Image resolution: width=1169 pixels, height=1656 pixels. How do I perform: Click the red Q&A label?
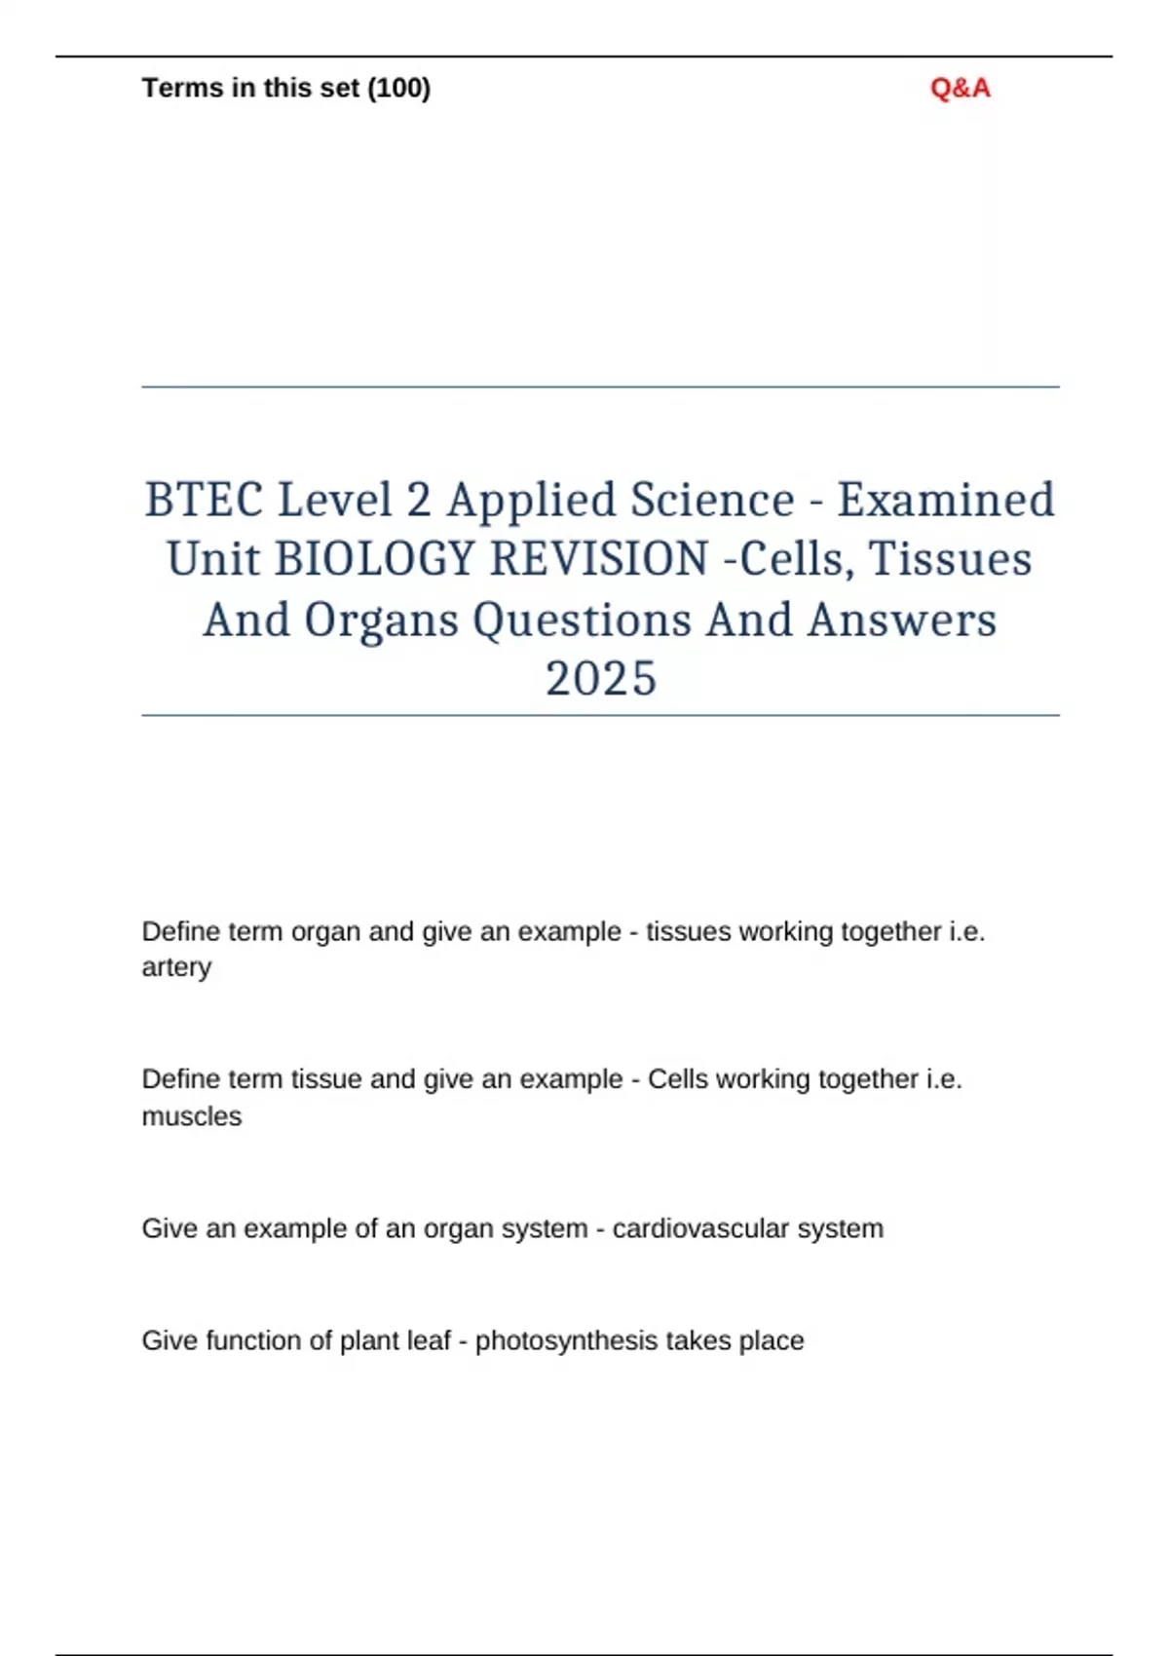[960, 89]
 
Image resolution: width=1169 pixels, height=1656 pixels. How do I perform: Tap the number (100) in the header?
[398, 89]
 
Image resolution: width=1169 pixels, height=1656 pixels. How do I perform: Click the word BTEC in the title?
[204, 501]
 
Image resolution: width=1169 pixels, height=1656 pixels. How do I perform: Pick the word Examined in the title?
[946, 501]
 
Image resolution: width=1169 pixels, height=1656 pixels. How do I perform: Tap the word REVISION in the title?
[599, 560]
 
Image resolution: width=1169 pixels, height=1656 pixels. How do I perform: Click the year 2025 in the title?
[600, 679]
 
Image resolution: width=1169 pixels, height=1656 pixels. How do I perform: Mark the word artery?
[176, 967]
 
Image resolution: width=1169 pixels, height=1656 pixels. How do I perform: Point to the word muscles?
[191, 1116]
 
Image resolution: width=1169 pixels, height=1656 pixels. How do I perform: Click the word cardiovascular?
[700, 1228]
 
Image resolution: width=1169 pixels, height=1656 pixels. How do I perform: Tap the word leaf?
[429, 1341]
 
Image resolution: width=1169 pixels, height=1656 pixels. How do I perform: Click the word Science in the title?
[712, 501]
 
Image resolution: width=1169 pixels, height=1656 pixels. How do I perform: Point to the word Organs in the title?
[381, 621]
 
